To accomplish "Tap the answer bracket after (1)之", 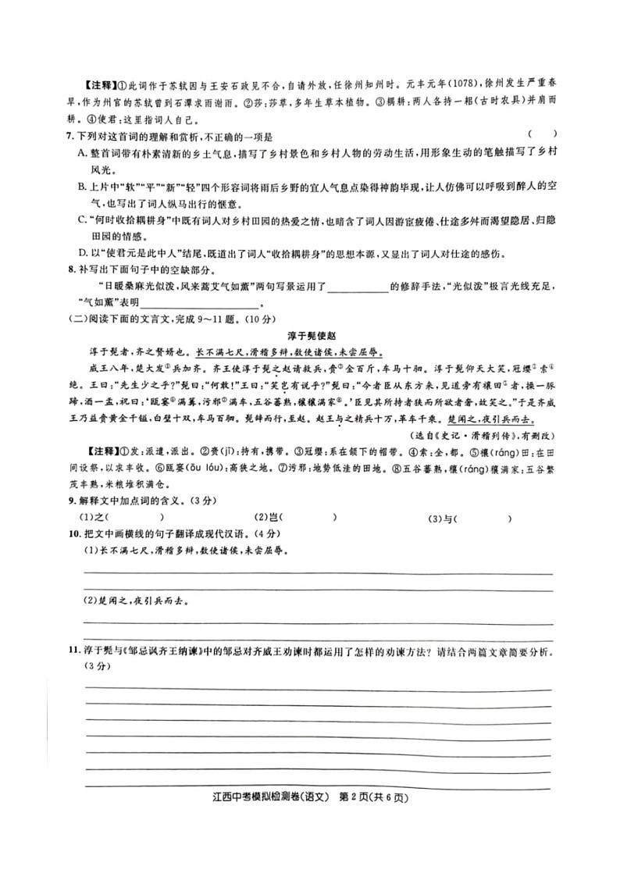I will pyautogui.click(x=137, y=518).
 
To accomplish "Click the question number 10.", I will pyautogui.click(x=73, y=534).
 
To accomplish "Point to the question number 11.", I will pyautogui.click(x=73, y=651).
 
